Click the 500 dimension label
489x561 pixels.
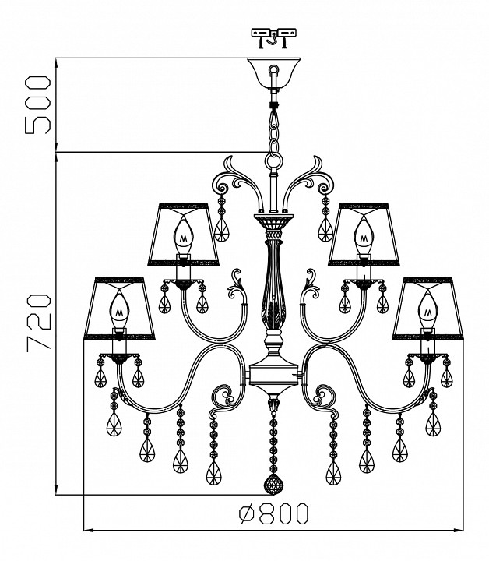pyautogui.click(x=37, y=104)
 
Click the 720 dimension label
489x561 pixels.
pyautogui.click(x=39, y=321)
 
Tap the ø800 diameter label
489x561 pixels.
pyautogui.click(x=273, y=513)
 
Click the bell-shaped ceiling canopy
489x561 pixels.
pyautogui.click(x=274, y=72)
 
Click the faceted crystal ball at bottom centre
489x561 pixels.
pyautogui.click(x=273, y=485)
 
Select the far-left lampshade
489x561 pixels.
pyautogui.click(x=119, y=308)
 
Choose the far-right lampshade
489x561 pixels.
pyautogui.click(x=427, y=308)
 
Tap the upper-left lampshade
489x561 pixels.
pyautogui.click(x=184, y=234)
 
